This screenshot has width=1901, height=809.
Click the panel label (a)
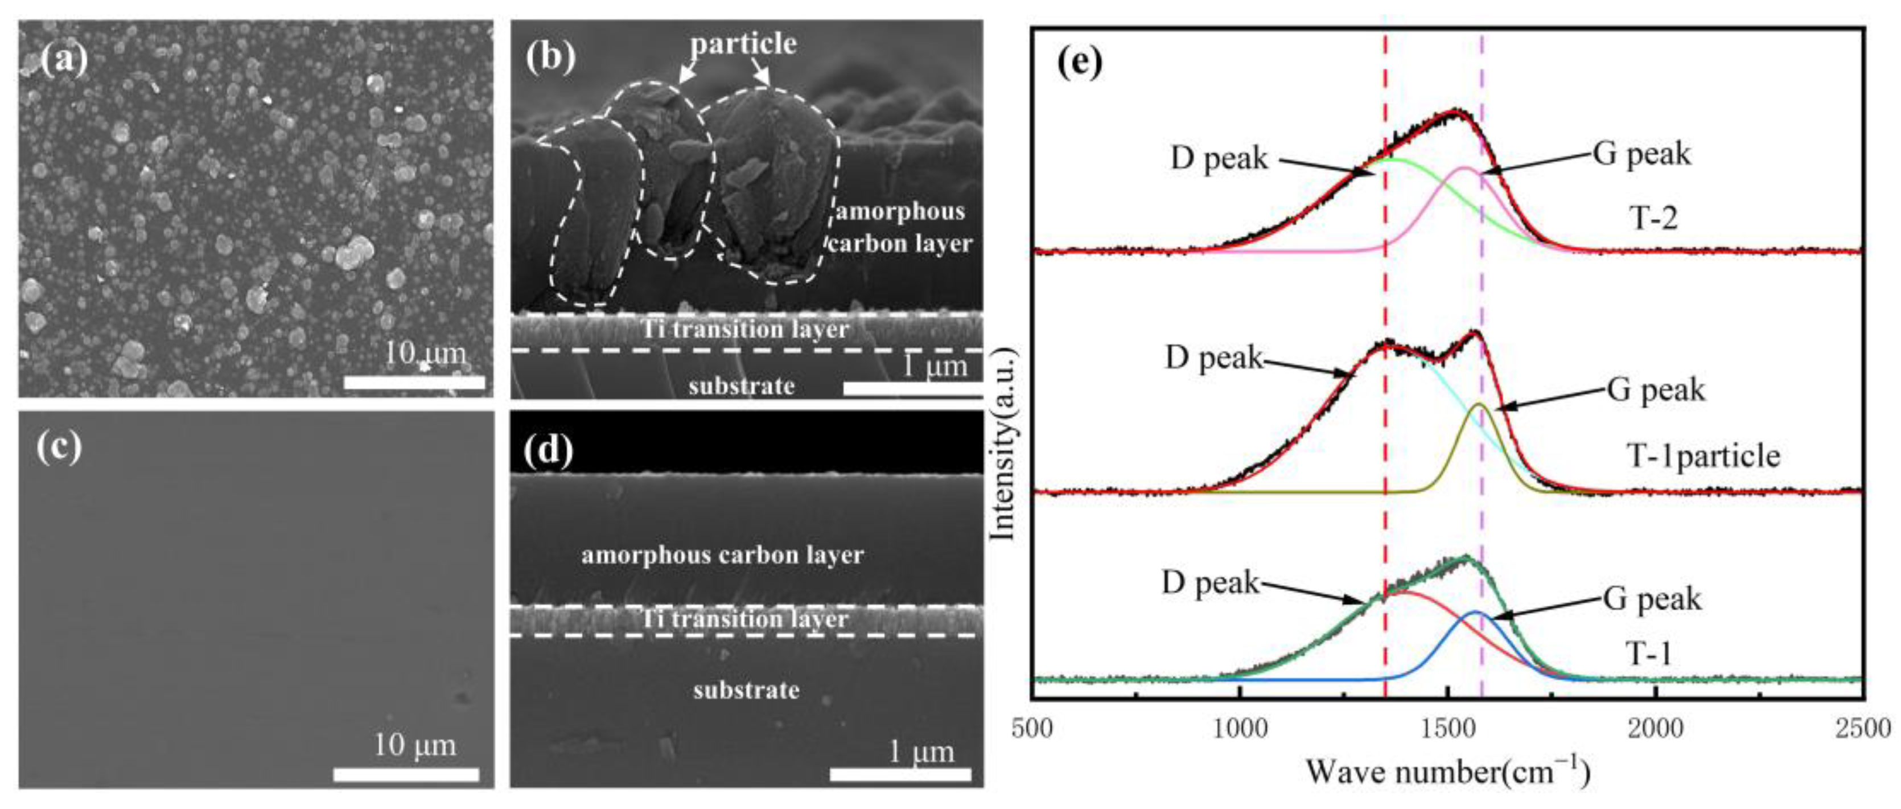(64, 59)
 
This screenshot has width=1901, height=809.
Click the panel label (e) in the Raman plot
(1080, 62)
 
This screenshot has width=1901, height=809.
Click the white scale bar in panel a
(414, 383)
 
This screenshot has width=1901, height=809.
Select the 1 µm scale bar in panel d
(900, 774)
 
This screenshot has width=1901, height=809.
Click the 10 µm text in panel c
(415, 745)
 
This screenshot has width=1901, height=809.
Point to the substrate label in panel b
(742, 386)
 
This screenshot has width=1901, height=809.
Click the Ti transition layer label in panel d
(746, 618)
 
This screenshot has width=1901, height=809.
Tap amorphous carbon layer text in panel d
(722, 555)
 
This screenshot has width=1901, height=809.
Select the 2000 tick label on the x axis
(1657, 729)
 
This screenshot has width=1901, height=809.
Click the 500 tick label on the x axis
(1032, 729)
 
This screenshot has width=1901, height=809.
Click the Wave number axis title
(1448, 773)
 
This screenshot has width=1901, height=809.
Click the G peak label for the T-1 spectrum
(1652, 598)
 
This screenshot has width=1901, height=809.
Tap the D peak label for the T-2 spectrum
(1219, 158)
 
